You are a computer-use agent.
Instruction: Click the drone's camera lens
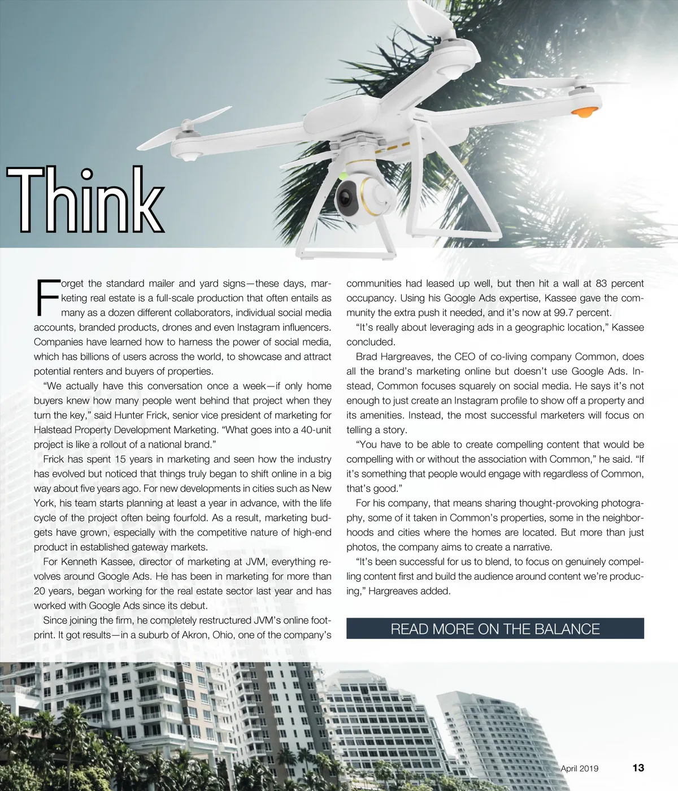(x=345, y=198)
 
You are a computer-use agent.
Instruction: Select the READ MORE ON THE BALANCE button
(x=495, y=629)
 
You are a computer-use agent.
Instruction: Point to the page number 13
(x=638, y=768)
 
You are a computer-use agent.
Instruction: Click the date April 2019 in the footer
(x=579, y=768)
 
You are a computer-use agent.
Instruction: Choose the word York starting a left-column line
(x=44, y=503)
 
